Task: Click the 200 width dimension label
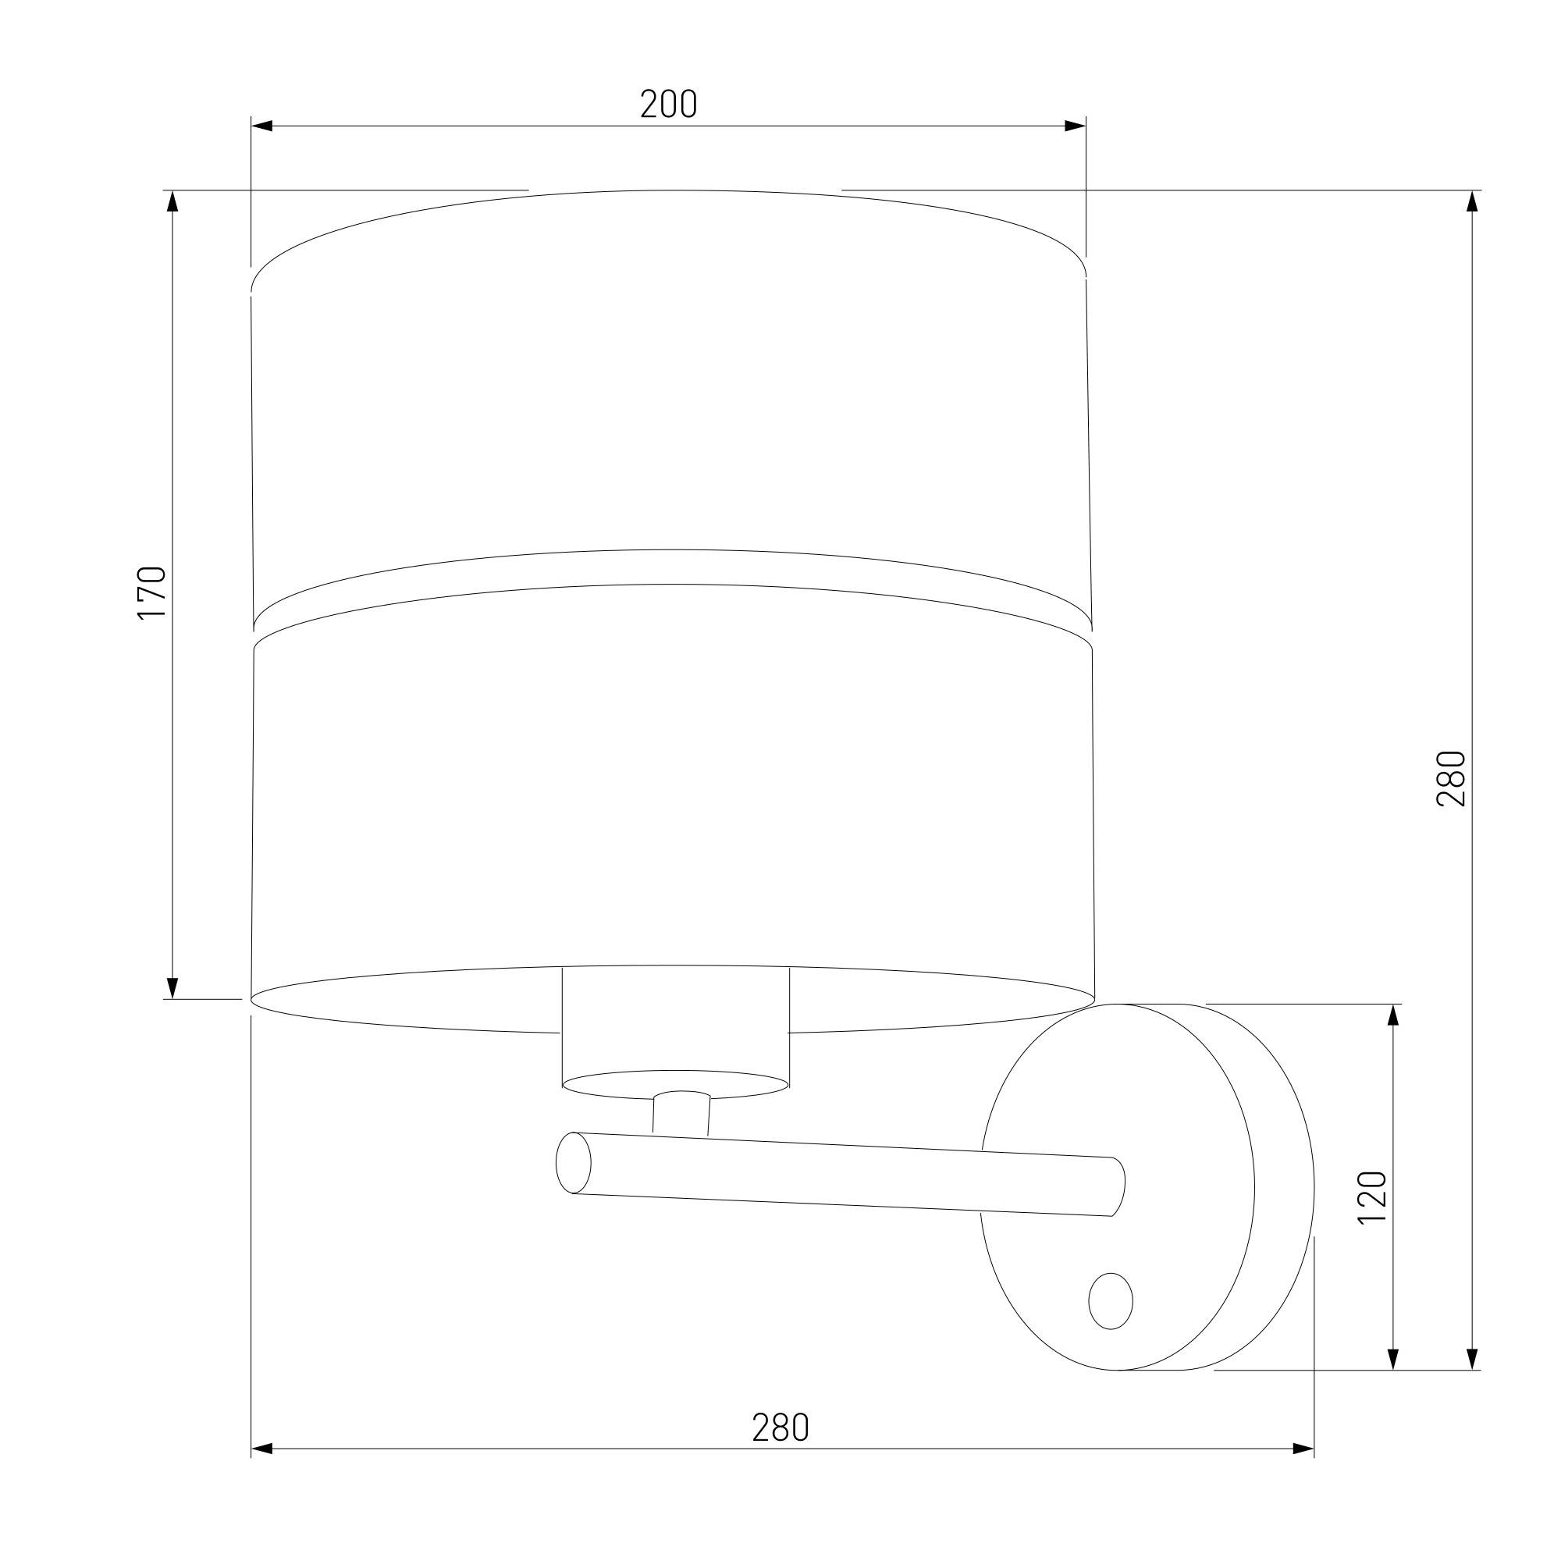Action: pos(668,105)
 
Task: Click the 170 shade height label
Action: pos(152,593)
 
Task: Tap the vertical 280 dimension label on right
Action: pos(1450,778)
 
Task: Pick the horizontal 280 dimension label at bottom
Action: pos(780,1428)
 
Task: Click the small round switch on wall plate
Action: pos(1110,1301)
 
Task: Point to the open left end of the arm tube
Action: pos(573,1163)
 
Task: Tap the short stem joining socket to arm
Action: pos(681,1115)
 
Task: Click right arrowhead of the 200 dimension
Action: pos(1076,126)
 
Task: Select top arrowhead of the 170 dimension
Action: pos(172,201)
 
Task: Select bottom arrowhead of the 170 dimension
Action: pos(172,988)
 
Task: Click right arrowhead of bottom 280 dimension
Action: pos(1303,1449)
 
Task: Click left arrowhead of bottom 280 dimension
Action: pos(261,1449)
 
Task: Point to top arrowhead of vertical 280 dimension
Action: pos(1472,201)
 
